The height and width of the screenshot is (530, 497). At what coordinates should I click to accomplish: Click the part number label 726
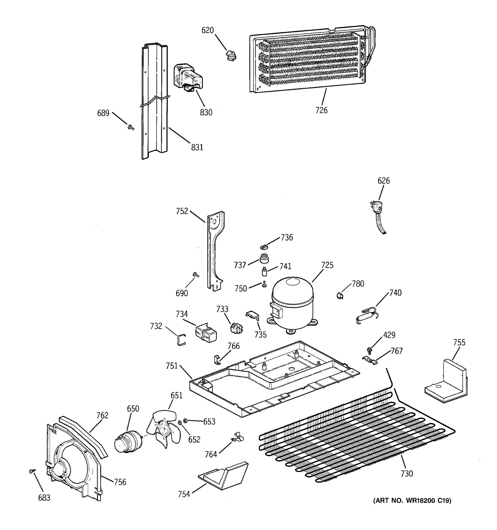(x=321, y=110)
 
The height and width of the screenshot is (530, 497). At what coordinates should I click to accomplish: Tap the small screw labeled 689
(x=131, y=127)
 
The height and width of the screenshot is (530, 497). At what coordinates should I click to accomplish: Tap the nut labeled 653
(x=185, y=420)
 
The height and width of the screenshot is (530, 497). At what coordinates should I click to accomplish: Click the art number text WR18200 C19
(x=412, y=500)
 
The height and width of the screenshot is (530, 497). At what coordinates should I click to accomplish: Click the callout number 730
(x=407, y=473)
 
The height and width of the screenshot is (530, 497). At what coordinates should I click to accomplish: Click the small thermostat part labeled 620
(x=230, y=56)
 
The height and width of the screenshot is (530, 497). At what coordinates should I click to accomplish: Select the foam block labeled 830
(x=186, y=79)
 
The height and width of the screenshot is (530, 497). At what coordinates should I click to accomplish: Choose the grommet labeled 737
(x=264, y=258)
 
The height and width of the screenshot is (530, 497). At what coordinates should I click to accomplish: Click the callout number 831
(x=197, y=147)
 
